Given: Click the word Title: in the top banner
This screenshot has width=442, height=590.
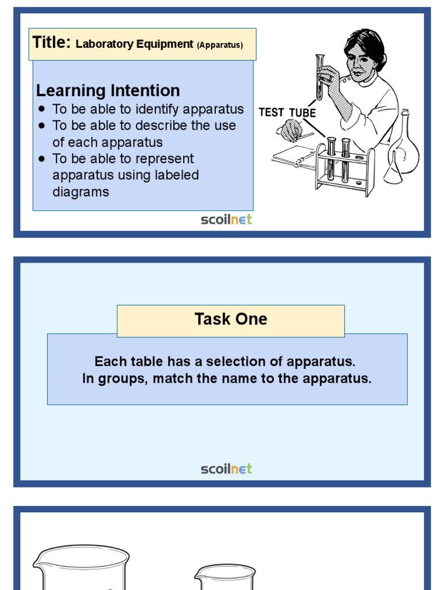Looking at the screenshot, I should pos(51,43).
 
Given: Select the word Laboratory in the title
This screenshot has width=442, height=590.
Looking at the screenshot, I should pos(105,44).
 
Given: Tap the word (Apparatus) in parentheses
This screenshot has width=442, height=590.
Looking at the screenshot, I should pos(220,44).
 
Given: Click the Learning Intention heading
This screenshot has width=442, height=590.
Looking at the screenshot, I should pos(108,90).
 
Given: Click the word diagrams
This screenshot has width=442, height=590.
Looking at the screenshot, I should pos(81,192).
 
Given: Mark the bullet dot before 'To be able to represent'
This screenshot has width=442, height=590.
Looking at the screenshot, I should pos(41,158).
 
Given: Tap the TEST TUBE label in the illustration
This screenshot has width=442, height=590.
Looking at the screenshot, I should pos(287,112).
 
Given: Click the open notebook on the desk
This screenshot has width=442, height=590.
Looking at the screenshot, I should pos(294,156).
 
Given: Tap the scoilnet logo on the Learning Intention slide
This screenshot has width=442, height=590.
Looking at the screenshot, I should pos(226,220).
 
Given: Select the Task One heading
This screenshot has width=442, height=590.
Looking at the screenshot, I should pos(231,319).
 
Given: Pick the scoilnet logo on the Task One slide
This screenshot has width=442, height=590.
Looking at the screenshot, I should pos(226,469).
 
